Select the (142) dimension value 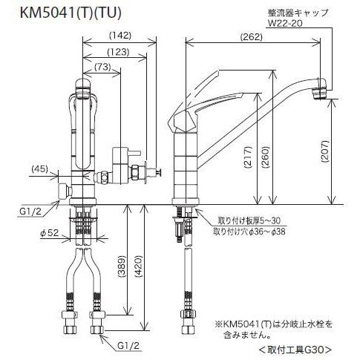point(120,35)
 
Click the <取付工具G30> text point(295,349)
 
